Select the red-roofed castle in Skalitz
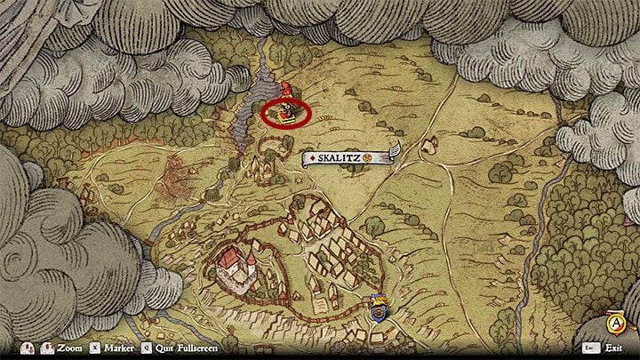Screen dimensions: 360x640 [x=233, y=264]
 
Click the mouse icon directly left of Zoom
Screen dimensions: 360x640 [x=29, y=349]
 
